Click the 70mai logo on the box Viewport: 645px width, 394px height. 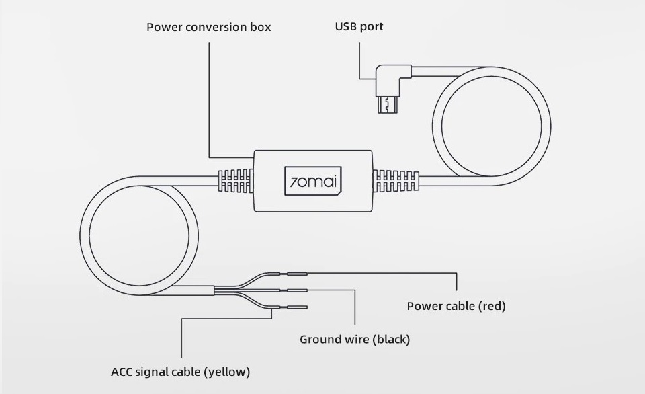click(313, 181)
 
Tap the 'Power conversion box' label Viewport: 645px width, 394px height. click(209, 28)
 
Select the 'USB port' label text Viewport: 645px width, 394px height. click(359, 27)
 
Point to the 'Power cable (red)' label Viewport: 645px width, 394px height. click(456, 306)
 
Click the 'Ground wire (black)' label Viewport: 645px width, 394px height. click(354, 339)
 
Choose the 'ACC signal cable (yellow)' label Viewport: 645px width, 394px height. click(180, 371)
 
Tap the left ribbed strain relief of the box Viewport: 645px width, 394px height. click(236, 181)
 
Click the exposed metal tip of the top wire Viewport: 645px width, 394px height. click(298, 274)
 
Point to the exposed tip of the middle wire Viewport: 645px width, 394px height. click(298, 290)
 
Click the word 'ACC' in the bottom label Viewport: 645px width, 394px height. click(122, 371)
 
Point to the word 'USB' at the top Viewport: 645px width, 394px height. click(346, 27)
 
